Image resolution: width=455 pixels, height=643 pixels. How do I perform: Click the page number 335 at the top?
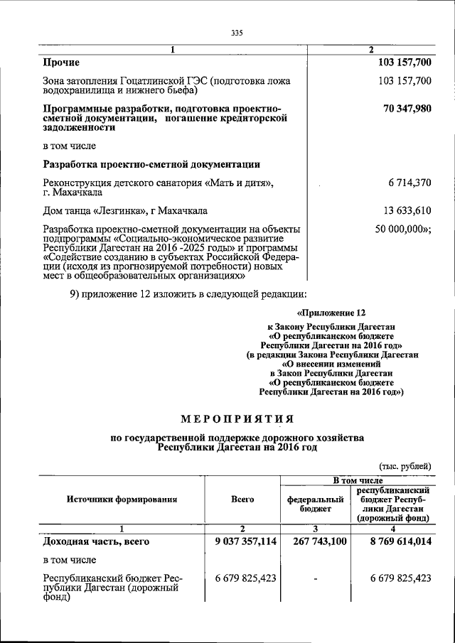coord(237,33)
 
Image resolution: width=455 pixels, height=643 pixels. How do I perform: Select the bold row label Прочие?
coord(61,63)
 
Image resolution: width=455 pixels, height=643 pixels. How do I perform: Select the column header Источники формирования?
coord(122,499)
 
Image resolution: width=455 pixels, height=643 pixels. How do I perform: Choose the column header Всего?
coord(242,499)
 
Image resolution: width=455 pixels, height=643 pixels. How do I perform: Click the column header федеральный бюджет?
coord(311,504)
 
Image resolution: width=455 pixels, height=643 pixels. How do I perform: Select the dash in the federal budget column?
coord(315,578)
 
